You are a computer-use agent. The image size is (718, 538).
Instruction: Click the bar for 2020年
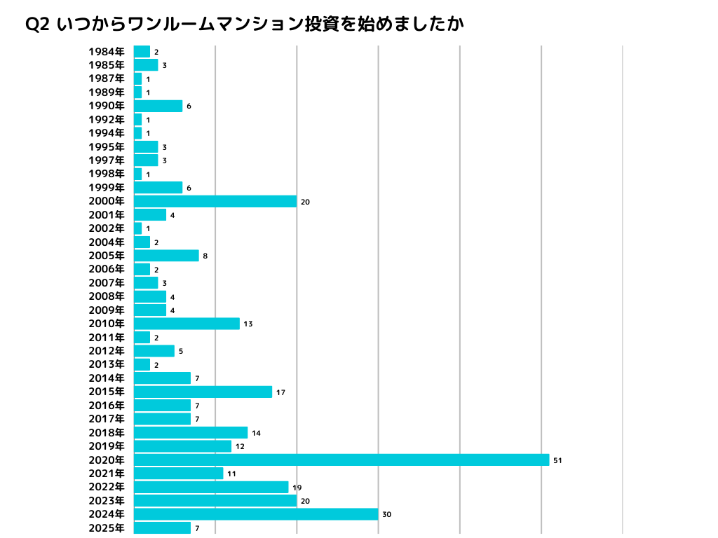click(x=341, y=460)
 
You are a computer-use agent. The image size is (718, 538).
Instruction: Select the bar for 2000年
click(x=215, y=201)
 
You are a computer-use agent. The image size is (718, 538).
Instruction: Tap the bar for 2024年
click(x=256, y=514)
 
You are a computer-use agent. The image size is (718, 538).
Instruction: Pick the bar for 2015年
click(x=203, y=392)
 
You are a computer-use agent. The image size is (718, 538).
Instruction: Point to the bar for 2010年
click(x=187, y=324)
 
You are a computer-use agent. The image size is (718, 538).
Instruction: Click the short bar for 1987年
click(x=137, y=79)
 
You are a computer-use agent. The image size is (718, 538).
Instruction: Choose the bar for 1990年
click(x=158, y=106)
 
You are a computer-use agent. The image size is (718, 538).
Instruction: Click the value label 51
click(x=557, y=460)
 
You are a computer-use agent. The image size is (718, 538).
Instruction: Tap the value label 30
click(x=386, y=515)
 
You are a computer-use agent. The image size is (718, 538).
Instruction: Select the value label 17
click(x=280, y=392)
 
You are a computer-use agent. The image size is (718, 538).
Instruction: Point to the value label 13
click(x=248, y=324)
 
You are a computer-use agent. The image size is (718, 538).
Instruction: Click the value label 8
click(x=205, y=256)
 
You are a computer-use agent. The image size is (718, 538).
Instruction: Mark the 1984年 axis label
click(x=107, y=52)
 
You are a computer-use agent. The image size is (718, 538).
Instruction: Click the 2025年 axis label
click(x=107, y=528)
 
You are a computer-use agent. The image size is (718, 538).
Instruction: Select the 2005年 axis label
click(x=107, y=256)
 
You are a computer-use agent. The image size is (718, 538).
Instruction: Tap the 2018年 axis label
click(x=107, y=433)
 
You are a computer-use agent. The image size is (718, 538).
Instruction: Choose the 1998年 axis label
click(x=107, y=174)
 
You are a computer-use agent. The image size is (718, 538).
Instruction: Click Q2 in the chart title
click(x=36, y=24)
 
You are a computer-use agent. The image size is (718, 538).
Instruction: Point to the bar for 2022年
click(x=211, y=487)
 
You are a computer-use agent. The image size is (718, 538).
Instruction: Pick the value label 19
click(x=297, y=488)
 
